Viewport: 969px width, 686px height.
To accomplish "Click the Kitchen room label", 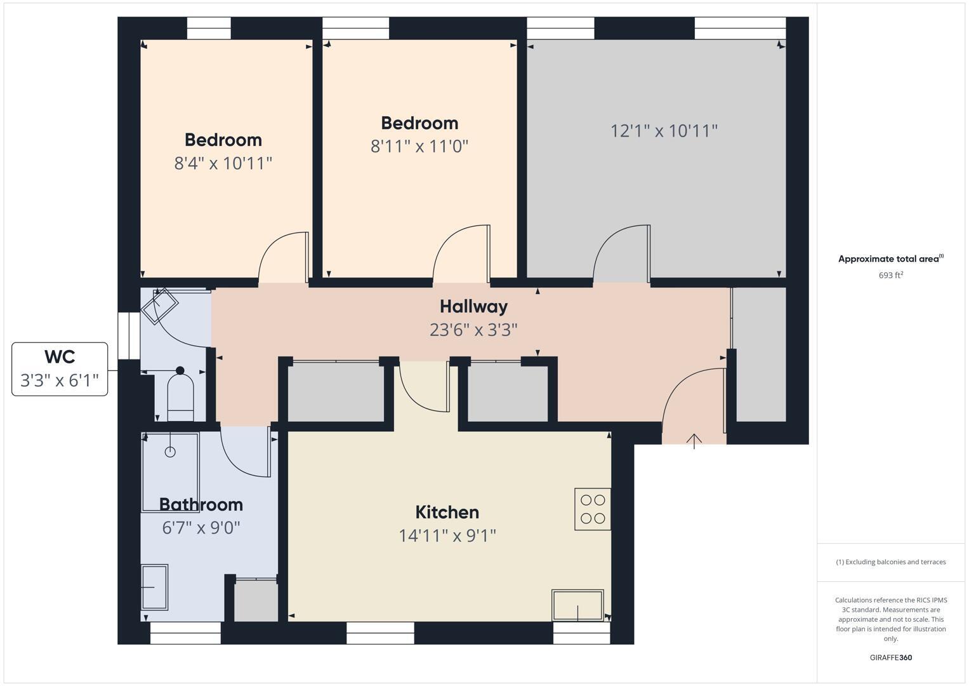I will point(447,512).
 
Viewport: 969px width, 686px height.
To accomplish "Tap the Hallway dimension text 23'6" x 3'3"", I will point(473,330).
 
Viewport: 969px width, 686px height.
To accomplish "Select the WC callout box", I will point(60,368).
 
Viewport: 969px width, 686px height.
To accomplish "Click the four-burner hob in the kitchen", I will point(593,509).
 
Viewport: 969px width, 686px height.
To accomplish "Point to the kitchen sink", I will point(577,605).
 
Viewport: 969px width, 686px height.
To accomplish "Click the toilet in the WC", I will point(180,397).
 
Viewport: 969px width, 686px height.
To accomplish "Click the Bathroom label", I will point(201,504).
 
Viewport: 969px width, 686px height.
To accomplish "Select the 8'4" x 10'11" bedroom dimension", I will point(223,163).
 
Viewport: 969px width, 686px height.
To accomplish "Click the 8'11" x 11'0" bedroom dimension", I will point(419,146).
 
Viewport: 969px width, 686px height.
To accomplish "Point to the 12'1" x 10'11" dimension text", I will point(664,131).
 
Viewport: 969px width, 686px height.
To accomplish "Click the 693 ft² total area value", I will point(890,275).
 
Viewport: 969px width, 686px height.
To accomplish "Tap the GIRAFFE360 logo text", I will point(890,657).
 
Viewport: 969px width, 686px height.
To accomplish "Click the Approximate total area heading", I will point(890,259).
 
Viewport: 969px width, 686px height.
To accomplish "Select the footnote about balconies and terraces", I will point(890,562).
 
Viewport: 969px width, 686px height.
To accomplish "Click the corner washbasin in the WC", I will point(159,306).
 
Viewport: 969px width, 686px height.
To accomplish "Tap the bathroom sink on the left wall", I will point(154,587).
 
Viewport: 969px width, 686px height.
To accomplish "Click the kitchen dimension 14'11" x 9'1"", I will point(447,535).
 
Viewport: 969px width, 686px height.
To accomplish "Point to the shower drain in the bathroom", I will point(170,452).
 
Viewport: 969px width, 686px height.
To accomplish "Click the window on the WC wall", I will point(129,335).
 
